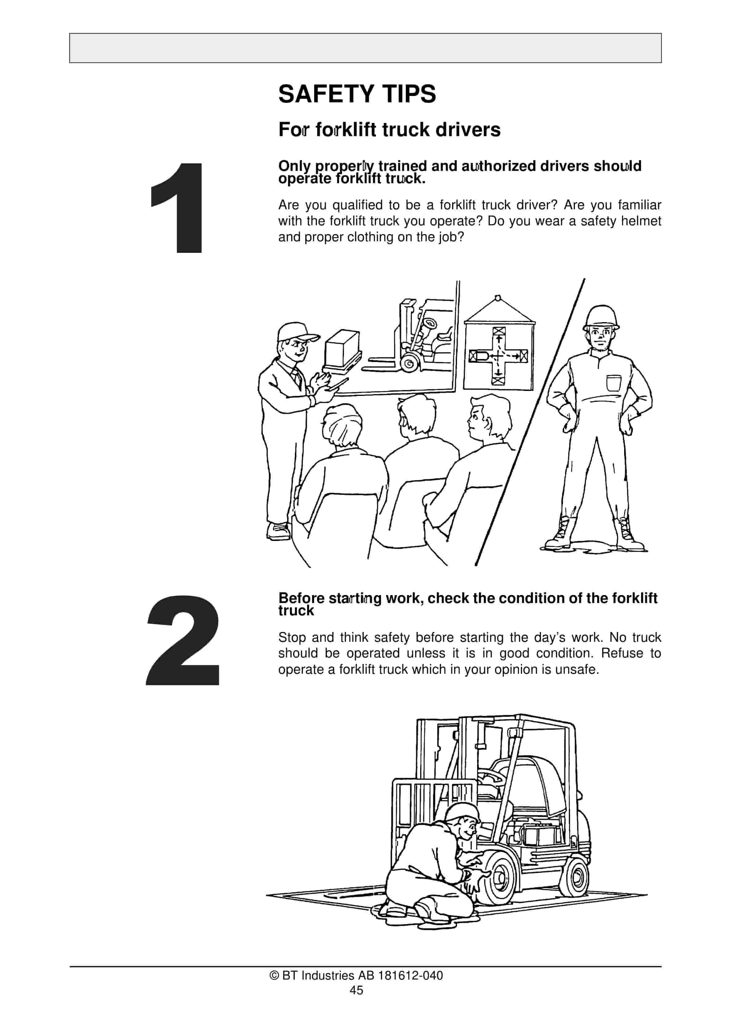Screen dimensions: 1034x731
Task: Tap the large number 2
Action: (183, 640)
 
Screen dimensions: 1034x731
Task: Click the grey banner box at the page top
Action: (365, 48)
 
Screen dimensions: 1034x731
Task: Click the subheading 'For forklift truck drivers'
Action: (389, 130)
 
